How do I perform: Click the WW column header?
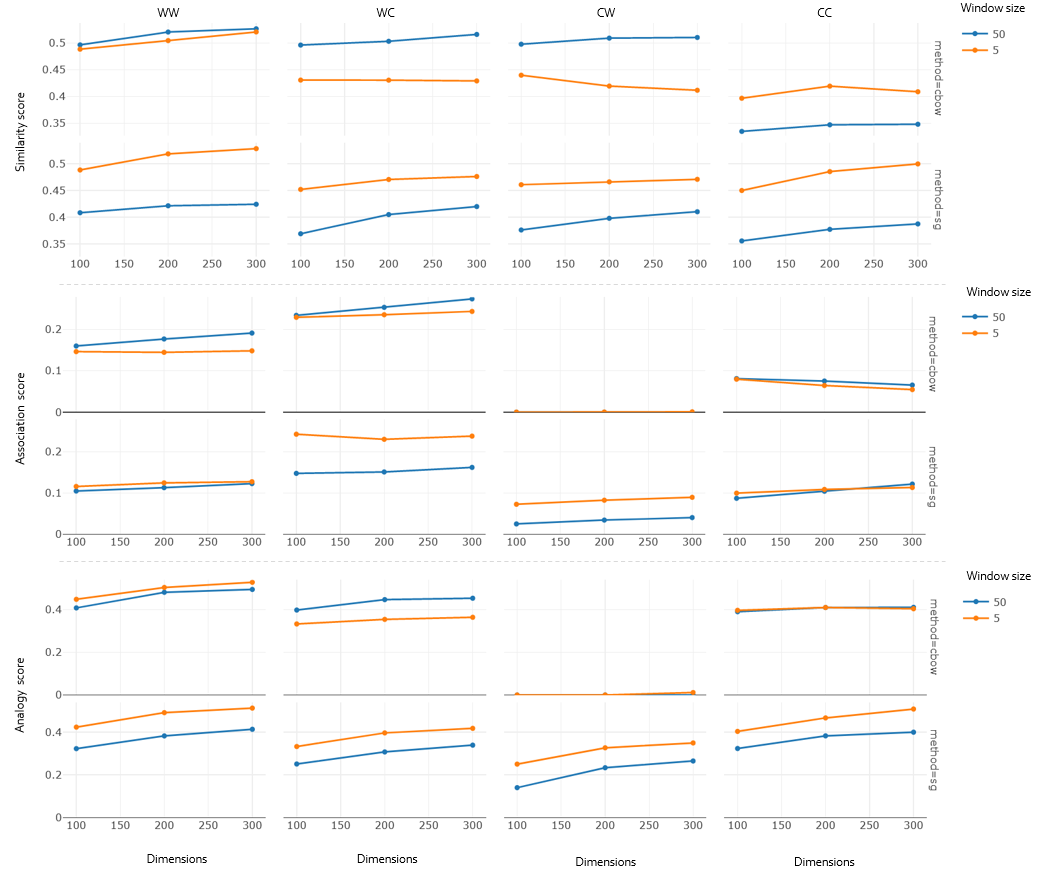click(x=168, y=12)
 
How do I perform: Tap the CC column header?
click(x=825, y=13)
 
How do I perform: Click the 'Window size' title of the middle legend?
click(x=999, y=292)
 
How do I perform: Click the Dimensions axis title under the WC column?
click(x=387, y=858)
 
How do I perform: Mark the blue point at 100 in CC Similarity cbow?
click(x=741, y=131)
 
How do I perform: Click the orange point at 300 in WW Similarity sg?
click(x=256, y=149)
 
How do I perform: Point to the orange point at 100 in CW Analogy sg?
click(x=517, y=764)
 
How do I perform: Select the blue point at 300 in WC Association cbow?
click(x=472, y=299)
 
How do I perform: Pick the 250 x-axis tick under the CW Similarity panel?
click(x=652, y=264)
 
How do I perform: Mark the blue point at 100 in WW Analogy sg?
click(x=77, y=749)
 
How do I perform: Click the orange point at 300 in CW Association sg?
click(x=692, y=497)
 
